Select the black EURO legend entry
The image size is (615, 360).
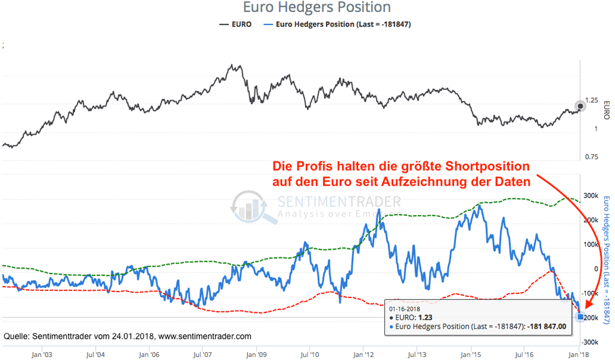[235, 25]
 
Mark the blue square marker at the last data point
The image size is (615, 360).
[580, 317]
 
